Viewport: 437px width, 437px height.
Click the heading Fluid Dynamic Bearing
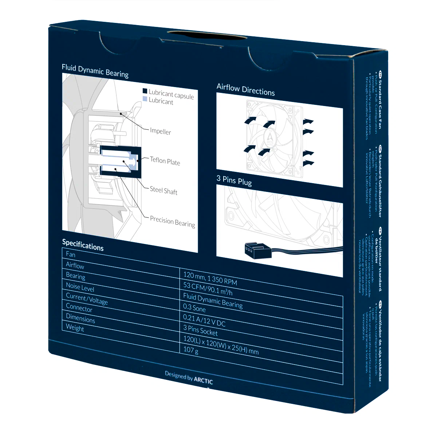tap(95, 71)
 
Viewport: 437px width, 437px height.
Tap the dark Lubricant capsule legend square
tap(145, 91)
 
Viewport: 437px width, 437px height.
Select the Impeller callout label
tap(160, 131)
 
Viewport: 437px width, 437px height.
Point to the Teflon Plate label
tap(165, 161)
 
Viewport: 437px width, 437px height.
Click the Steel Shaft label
tap(164, 190)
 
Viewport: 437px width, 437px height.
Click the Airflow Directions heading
tap(245, 90)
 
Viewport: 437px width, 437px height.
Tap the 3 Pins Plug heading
tap(234, 180)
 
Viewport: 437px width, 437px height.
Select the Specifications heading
tap(83, 245)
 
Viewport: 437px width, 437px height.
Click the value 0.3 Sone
tap(194, 308)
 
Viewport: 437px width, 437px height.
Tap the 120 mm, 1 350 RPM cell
tap(210, 278)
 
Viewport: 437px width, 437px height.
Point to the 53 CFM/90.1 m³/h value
tap(208, 288)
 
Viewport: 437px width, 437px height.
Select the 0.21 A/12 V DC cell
tap(204, 320)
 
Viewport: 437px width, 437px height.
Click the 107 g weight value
tap(191, 350)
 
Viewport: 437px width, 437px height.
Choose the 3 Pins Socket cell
tap(200, 330)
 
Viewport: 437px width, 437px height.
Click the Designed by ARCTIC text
tap(189, 377)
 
